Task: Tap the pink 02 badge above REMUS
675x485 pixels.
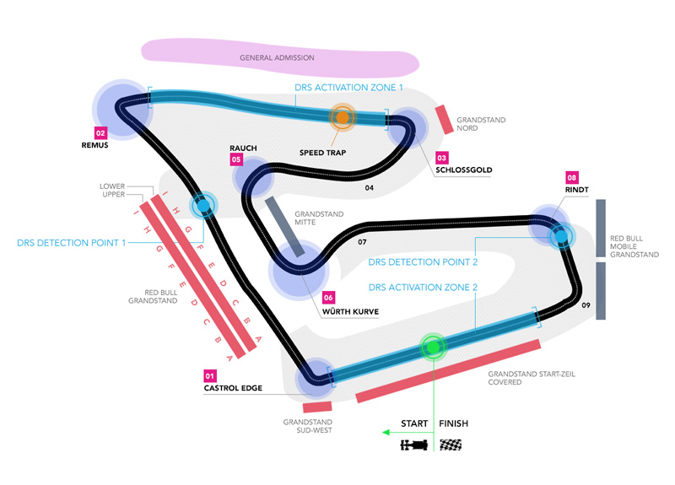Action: tap(100, 133)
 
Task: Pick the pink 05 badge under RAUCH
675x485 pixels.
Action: tap(236, 159)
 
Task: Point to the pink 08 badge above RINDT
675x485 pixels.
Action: tap(571, 178)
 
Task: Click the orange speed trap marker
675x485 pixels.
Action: tap(343, 118)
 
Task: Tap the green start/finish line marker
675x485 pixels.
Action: tap(433, 346)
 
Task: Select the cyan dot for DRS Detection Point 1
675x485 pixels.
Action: tap(202, 205)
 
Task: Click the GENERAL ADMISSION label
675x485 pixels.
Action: tap(277, 58)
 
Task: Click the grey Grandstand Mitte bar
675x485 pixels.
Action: tap(284, 226)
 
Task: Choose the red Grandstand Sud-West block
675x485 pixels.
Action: tap(316, 407)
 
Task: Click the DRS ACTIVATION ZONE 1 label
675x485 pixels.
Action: tap(348, 87)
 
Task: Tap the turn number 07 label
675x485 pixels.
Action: tap(362, 243)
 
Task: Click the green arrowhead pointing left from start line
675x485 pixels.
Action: tap(386, 432)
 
